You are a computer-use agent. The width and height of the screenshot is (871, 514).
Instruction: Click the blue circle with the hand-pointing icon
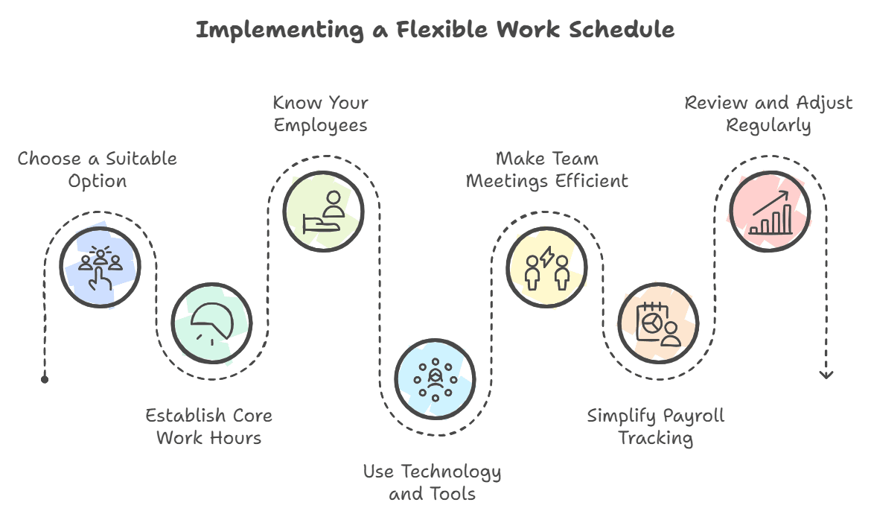(100, 267)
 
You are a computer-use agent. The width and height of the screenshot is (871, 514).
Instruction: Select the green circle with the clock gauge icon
(211, 324)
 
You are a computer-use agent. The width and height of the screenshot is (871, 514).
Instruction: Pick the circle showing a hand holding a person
(323, 211)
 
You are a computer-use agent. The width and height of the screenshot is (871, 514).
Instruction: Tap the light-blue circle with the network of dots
(435, 380)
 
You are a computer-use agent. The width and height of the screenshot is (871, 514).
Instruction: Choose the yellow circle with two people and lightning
(547, 267)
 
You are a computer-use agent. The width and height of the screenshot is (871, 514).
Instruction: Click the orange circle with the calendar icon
(659, 324)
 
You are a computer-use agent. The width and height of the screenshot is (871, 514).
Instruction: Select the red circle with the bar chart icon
(770, 212)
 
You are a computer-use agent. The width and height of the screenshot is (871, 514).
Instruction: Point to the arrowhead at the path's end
(826, 375)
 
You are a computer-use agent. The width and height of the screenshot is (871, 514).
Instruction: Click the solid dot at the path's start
(45, 379)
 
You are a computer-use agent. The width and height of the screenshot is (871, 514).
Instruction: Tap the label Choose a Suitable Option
(98, 170)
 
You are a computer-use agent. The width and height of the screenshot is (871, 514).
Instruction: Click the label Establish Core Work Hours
(209, 426)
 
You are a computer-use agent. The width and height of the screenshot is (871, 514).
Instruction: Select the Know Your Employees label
(321, 113)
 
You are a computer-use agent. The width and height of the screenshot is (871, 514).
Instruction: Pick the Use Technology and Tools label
(433, 482)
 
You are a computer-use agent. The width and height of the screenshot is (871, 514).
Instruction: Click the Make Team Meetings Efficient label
(547, 170)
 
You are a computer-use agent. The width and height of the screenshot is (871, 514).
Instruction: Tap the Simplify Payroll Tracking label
(656, 426)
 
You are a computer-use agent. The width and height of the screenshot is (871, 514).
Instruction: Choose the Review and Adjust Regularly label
(769, 113)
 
